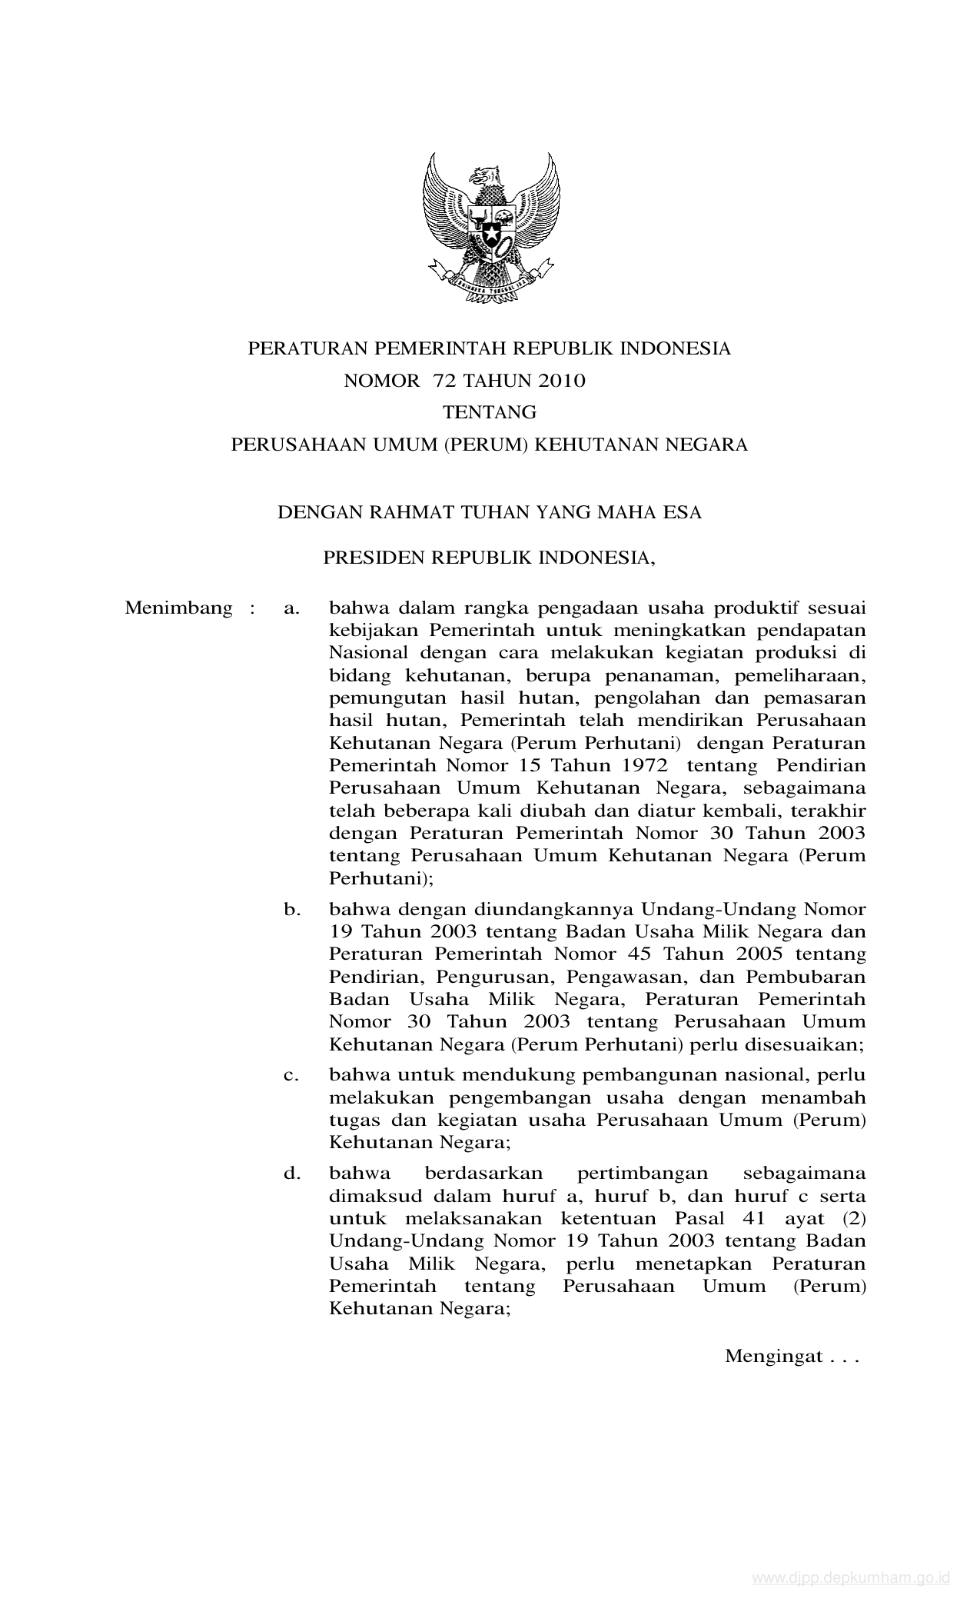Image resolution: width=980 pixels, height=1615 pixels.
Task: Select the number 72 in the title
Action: [x=443, y=381]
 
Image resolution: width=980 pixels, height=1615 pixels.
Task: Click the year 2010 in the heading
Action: [x=560, y=381]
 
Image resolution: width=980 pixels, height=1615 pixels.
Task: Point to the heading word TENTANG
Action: [x=490, y=413]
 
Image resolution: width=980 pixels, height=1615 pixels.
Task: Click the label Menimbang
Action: [x=178, y=608]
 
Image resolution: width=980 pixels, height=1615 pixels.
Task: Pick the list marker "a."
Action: [x=291, y=609]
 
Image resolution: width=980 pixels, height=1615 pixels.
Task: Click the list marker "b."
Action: [x=291, y=910]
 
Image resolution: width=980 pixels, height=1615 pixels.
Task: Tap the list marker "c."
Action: [x=291, y=1075]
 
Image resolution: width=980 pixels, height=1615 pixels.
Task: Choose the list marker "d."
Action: [x=291, y=1174]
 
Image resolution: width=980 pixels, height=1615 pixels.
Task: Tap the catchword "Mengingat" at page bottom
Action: [x=773, y=1357]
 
